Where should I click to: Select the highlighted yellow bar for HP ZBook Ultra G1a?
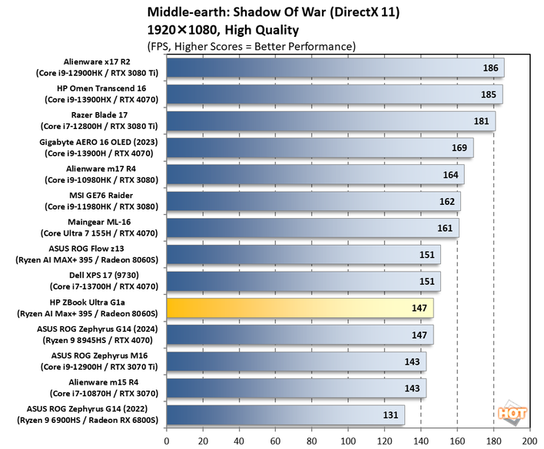(300, 308)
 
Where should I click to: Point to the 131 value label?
(390, 415)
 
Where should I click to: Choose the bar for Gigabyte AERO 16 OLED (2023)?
(319, 148)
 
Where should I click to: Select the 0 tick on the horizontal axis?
(167, 441)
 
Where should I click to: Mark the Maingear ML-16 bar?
(312, 228)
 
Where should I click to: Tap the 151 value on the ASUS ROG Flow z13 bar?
(426, 255)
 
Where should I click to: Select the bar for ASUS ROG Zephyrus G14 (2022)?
(285, 415)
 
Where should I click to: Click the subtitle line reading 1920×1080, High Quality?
(222, 30)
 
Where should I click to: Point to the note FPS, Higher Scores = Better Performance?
(250, 46)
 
